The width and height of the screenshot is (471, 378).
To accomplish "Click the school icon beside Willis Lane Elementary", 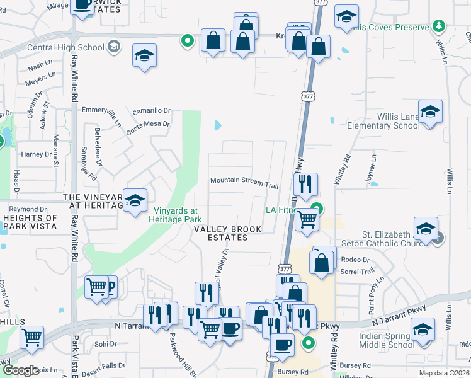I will point(430,113).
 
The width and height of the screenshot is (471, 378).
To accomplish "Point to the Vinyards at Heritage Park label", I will point(175,215).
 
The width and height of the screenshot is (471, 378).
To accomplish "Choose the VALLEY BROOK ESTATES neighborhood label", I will point(228,233).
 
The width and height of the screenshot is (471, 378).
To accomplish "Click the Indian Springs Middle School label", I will point(387,340).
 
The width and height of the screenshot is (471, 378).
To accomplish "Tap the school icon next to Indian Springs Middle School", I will point(423,330).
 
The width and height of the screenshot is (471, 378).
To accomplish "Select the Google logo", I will point(21,370).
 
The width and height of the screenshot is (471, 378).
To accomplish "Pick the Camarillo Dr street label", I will point(151,110).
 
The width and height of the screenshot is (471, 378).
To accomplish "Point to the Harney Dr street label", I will point(36,154).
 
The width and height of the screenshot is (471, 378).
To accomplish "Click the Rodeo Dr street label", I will point(356,260).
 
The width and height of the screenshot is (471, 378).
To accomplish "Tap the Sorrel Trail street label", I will point(360,272).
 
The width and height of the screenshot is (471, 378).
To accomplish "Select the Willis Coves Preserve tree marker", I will point(439,26).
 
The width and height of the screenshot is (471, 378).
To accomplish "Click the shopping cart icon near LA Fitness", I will point(307,220).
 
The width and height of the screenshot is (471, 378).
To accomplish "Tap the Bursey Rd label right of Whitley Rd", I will point(357,365).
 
